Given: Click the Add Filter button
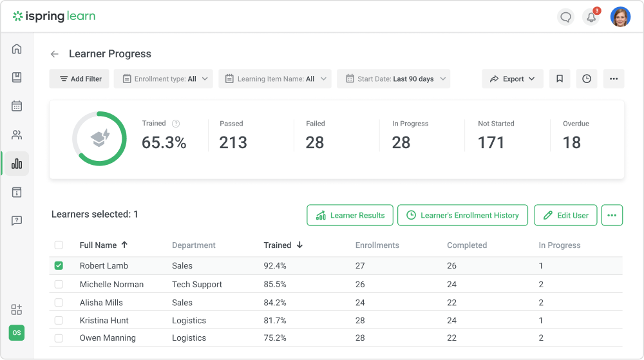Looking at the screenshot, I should coord(79,79).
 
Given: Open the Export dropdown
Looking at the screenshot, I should coord(513,79).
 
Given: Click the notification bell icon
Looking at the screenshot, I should coord(591,17).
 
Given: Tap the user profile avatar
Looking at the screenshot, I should coord(620,17).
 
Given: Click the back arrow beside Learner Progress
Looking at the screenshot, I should coord(55,54).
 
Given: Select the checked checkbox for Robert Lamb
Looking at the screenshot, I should coord(59,265).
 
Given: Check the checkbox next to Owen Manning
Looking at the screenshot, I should coord(59,338).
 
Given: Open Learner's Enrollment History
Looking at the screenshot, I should coord(462,215).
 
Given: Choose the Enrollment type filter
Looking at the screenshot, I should coord(164,79).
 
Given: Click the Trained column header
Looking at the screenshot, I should coord(278,245).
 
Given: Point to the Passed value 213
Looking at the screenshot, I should coord(233,142).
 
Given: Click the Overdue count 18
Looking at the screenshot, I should coord(571,142).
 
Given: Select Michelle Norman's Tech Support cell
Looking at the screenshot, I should coord(197,284).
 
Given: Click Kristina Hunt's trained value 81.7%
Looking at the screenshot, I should coord(275,320).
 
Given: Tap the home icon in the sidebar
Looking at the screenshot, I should coord(17,49).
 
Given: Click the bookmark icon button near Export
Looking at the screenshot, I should coord(560,79).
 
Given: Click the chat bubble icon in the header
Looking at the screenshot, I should coord(566,17).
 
